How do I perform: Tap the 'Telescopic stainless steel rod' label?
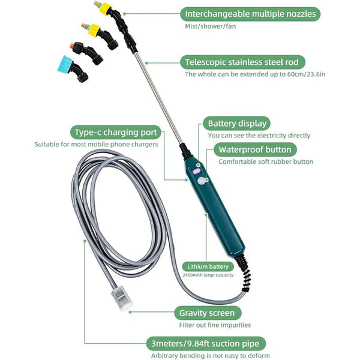(x=243, y=62)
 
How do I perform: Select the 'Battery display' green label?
(x=236, y=124)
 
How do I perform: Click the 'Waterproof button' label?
(x=254, y=149)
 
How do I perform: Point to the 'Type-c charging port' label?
(x=115, y=132)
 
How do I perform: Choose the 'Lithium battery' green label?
(x=208, y=266)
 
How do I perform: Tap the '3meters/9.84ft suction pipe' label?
(x=205, y=344)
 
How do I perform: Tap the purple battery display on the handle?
(x=196, y=170)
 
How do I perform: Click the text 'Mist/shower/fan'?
(x=210, y=27)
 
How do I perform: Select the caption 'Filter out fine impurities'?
(x=215, y=325)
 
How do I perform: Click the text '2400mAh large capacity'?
(x=208, y=275)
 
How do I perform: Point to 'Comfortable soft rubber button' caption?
(x=266, y=161)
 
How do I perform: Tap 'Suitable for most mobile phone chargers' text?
(x=96, y=145)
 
